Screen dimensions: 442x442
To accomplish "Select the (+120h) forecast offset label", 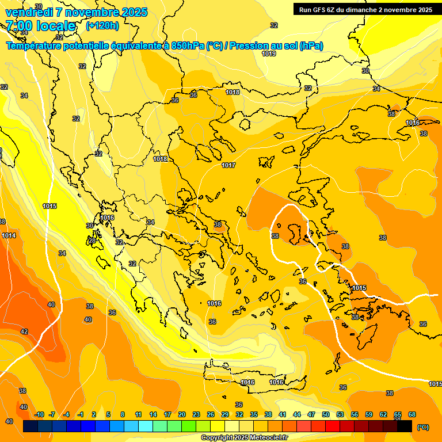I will click(x=102, y=26).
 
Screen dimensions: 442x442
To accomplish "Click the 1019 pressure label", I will click(x=269, y=54).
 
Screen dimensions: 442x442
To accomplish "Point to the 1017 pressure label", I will click(x=228, y=165).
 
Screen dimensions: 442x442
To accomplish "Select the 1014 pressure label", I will click(x=9, y=235).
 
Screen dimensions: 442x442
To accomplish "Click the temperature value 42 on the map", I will click(x=24, y=331).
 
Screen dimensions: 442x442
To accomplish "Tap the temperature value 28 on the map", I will click(x=92, y=241).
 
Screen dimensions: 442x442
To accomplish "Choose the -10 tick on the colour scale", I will click(x=39, y=414).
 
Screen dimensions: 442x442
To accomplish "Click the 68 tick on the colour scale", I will click(x=412, y=414).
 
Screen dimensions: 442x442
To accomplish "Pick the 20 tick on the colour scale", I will click(x=182, y=414).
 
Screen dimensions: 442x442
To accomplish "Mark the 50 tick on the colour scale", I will click(x=326, y=414).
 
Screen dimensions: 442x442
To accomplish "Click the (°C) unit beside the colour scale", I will click(x=423, y=427).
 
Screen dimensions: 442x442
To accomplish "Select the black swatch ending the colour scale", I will click(x=405, y=426).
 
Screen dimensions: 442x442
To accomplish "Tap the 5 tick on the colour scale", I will click(x=108, y=414).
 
